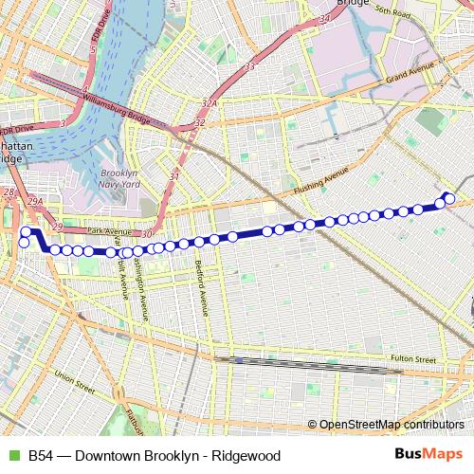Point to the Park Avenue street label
pyautogui.click(x=105, y=230)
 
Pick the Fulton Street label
pyautogui.click(x=412, y=360)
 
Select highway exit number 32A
pyautogui.click(x=210, y=105)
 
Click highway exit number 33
pyautogui.click(x=250, y=67)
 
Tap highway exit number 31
pyautogui.click(x=173, y=176)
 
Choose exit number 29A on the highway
pyautogui.click(x=36, y=202)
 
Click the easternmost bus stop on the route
pyautogui.click(x=450, y=198)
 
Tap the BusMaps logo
pyautogui.click(x=428, y=455)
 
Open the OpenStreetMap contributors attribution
pyautogui.click(x=391, y=426)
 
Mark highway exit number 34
pyautogui.click(x=325, y=18)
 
